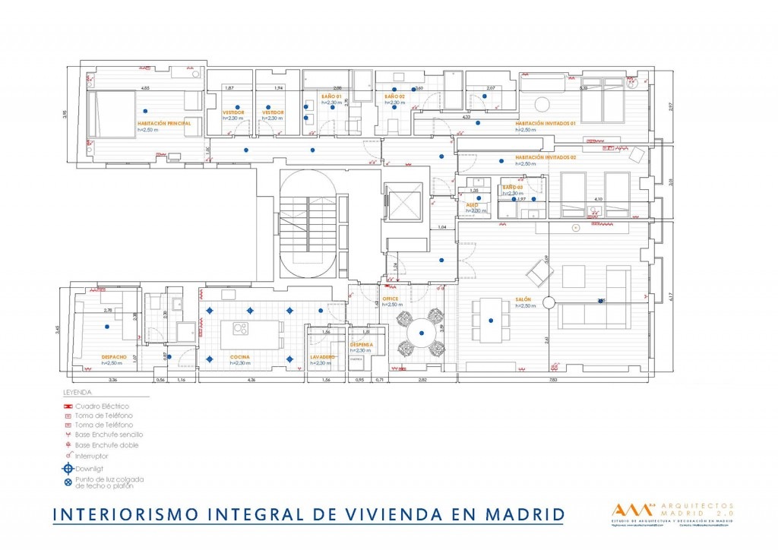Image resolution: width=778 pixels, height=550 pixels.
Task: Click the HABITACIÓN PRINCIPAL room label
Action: point(163,122)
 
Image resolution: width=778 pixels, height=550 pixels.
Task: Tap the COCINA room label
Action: point(240,356)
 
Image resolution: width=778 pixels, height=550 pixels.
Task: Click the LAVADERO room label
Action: point(323,356)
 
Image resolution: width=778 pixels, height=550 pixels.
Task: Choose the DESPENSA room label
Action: point(360,344)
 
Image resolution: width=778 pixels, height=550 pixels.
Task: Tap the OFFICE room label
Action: point(391,299)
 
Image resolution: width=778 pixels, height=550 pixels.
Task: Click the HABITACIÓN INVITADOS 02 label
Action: point(546,157)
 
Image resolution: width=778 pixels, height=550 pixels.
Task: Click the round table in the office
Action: point(419,331)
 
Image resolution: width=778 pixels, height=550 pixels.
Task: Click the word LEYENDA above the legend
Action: point(77,394)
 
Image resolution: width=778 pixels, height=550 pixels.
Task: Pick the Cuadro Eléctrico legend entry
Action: point(102,406)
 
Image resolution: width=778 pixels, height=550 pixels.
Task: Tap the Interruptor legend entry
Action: point(91,456)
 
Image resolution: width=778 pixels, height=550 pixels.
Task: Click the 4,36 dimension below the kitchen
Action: point(251,379)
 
